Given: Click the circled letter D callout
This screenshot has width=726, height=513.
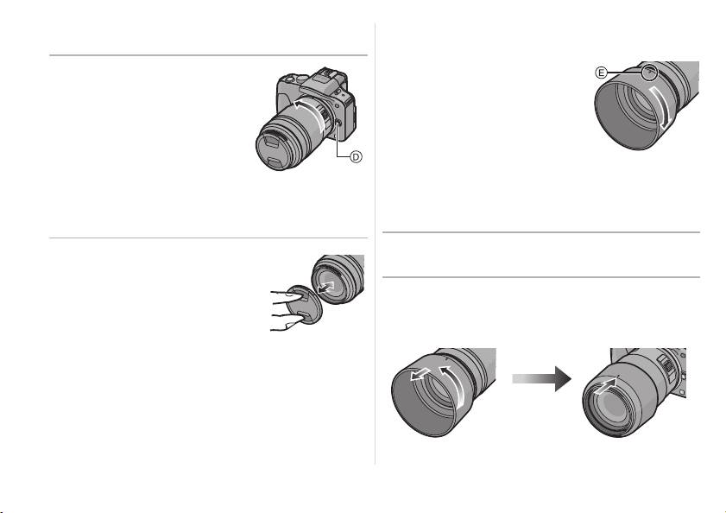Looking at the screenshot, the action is point(356,157).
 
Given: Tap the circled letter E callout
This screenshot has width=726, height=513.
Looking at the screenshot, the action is point(601,73).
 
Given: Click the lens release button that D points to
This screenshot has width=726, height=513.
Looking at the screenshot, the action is point(338,123).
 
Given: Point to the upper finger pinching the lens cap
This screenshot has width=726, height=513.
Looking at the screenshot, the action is point(281,295).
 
